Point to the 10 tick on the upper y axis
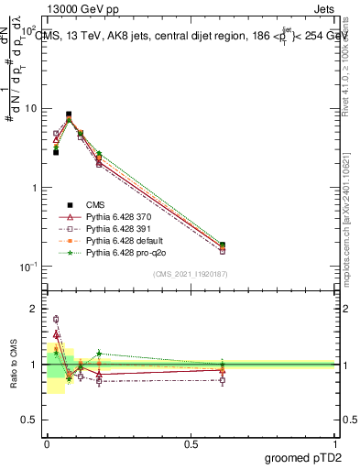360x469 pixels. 31,108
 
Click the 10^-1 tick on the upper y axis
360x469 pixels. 29,267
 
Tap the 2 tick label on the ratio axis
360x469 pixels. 37,309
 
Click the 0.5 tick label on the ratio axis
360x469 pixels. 33,420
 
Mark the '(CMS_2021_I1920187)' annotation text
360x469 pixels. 191,274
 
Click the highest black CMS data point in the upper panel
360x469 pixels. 69,115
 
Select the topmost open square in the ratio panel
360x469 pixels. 56,320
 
